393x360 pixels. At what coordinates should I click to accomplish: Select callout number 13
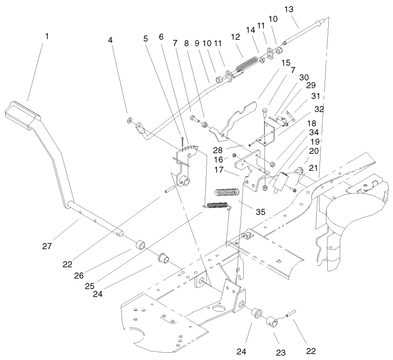pos(289,10)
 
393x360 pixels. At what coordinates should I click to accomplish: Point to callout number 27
pos(47,247)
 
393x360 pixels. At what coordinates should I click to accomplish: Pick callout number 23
pos(281,353)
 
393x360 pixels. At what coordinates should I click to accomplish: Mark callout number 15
pos(286,62)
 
